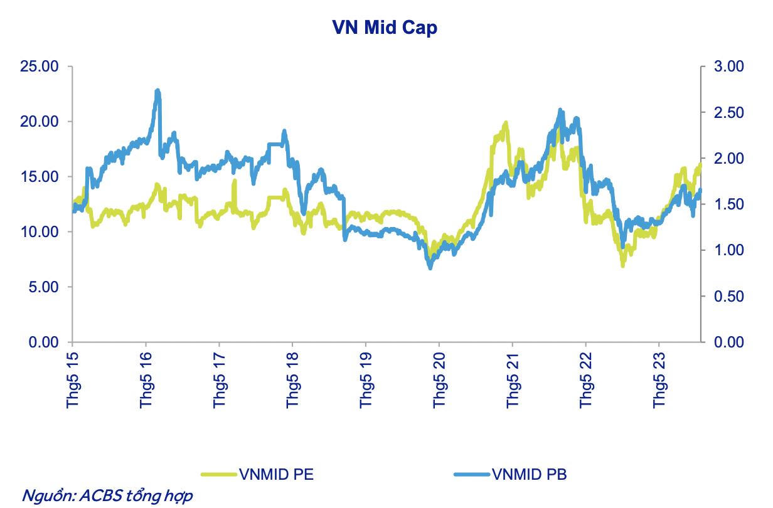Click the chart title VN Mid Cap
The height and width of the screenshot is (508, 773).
pyautogui.click(x=385, y=28)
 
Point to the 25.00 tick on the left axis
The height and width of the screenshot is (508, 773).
pyautogui.click(x=40, y=66)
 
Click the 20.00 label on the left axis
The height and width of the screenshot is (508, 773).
pyautogui.click(x=40, y=122)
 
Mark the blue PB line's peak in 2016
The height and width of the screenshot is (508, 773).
pyautogui.click(x=157, y=91)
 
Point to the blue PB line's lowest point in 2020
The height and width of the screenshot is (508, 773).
pyautogui.click(x=430, y=268)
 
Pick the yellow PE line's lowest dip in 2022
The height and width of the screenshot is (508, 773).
pyautogui.click(x=622, y=265)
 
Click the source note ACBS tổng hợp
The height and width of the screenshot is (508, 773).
pyautogui.click(x=107, y=495)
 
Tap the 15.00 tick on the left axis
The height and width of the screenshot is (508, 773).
pyautogui.click(x=40, y=177)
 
